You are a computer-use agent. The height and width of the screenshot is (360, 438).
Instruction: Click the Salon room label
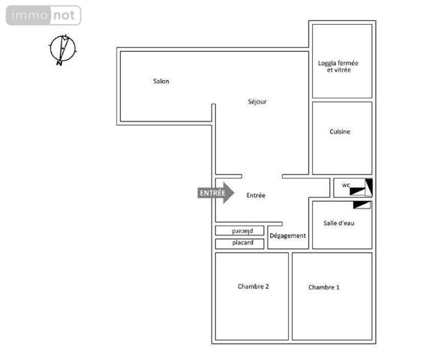(x=160, y=81)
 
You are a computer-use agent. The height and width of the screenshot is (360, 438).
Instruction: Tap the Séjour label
(x=257, y=101)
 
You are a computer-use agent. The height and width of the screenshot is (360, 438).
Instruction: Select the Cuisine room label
(x=340, y=132)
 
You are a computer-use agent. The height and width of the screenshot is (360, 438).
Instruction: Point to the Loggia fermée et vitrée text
(x=338, y=66)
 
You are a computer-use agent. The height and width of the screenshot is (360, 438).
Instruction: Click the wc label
(x=346, y=184)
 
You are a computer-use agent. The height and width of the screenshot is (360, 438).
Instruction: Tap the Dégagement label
(x=288, y=235)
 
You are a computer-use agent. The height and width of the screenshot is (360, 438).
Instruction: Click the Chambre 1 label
(x=323, y=287)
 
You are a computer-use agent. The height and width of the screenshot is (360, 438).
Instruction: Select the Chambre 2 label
(x=253, y=286)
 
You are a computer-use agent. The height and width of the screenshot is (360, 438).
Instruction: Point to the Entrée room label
(x=256, y=195)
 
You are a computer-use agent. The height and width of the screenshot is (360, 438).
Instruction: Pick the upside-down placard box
(x=241, y=231)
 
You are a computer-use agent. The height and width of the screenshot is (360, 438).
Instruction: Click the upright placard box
(x=241, y=243)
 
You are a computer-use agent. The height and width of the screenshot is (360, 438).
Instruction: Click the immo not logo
(x=43, y=15)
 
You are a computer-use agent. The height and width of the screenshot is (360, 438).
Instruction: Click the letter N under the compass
(x=58, y=64)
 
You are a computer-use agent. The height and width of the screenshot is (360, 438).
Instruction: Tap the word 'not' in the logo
(x=63, y=15)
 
